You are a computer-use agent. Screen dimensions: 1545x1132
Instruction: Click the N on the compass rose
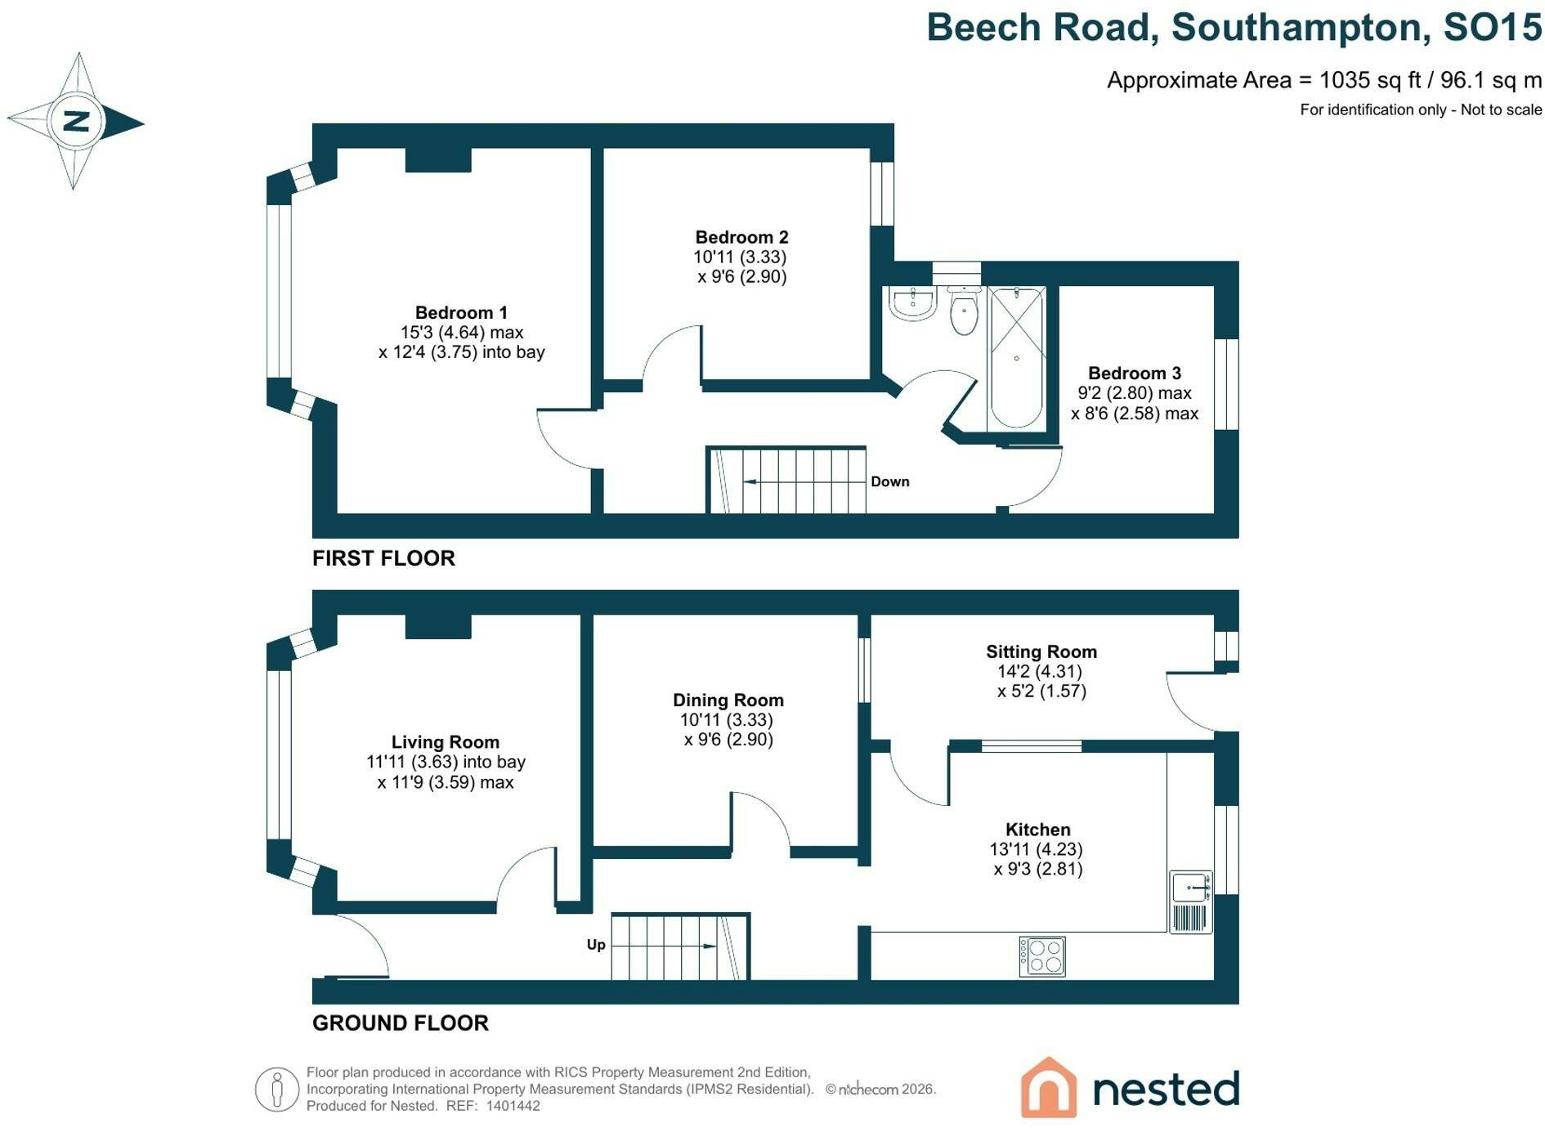point(76,121)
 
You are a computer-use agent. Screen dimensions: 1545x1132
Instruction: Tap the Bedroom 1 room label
point(461,312)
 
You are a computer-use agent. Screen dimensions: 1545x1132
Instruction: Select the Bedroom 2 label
point(741,237)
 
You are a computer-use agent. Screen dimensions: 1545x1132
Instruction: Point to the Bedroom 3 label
point(1135,374)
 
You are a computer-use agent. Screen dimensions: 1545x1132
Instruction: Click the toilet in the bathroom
point(965,311)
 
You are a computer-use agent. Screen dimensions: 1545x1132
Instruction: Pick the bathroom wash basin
point(912,303)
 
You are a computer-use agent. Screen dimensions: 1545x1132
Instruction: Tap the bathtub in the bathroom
point(1016,358)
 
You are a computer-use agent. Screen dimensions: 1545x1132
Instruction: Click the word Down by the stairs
point(890,481)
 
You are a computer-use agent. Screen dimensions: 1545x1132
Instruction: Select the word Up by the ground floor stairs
point(596,945)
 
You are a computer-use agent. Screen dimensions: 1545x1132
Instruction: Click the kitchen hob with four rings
point(1042,956)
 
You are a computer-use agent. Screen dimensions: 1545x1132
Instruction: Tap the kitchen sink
point(1191,902)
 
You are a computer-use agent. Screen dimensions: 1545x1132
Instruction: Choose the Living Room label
point(445,742)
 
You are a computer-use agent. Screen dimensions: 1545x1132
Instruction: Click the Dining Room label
point(728,700)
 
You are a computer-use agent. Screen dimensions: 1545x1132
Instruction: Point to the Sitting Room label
point(1041,652)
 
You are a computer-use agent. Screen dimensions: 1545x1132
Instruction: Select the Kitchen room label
point(1038,830)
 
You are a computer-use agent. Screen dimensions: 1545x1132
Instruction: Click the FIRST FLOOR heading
point(383,558)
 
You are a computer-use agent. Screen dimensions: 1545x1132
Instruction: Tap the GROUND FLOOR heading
point(401,1023)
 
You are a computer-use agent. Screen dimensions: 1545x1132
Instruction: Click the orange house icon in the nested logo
point(1049,1087)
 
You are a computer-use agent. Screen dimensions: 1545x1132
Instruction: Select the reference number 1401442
point(513,1106)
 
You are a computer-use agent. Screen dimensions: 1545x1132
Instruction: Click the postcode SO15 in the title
point(1493,27)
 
